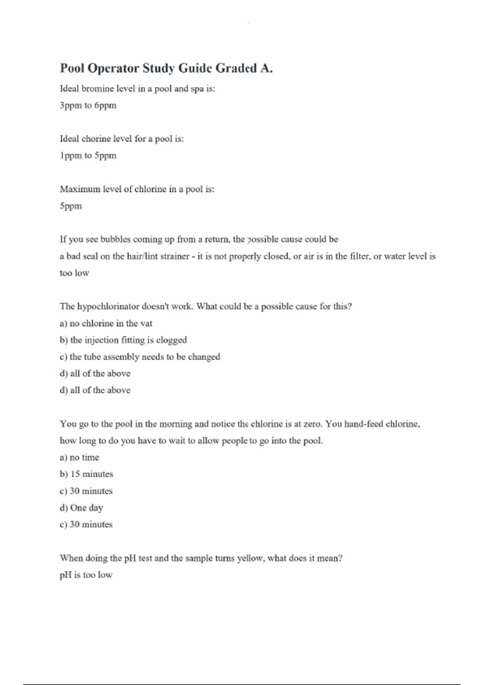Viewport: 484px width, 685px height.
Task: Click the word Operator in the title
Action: (113, 68)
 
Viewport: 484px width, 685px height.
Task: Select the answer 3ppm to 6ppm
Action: (88, 106)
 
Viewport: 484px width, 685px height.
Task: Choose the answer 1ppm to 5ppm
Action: (88, 156)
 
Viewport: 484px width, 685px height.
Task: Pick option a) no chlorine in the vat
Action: (106, 324)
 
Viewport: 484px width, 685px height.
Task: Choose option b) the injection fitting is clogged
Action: (123, 340)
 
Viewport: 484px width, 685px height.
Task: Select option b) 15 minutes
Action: (86, 474)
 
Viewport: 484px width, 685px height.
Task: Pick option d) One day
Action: (81, 508)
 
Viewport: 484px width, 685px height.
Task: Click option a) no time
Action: (79, 458)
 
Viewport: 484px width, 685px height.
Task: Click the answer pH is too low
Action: (86, 575)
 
